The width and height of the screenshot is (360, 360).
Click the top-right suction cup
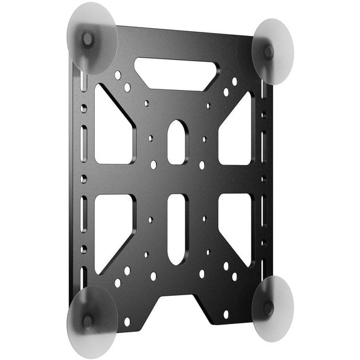pyautogui.click(x=274, y=51)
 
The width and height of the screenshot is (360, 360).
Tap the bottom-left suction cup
pyautogui.click(x=91, y=320)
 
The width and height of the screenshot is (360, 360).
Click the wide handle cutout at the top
pyautogui.click(x=175, y=73)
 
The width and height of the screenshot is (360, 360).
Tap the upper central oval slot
pyautogui.click(x=177, y=142)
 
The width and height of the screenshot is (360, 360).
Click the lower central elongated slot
pyautogui.click(x=177, y=228)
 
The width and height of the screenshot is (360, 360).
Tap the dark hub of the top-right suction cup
pyautogui.click(x=268, y=52)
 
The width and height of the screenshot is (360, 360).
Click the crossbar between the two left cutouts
pyautogui.click(x=113, y=179)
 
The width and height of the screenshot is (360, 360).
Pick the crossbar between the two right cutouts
pyautogui.click(x=236, y=179)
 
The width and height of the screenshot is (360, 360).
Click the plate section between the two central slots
pyautogui.click(x=177, y=179)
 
